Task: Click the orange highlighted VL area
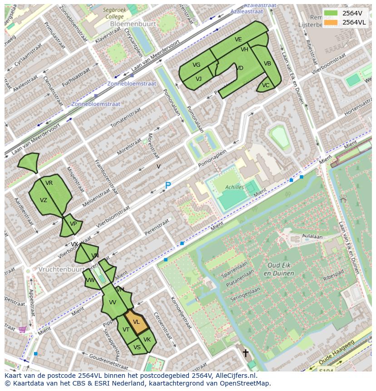[x=137, y=322]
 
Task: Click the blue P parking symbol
[x=168, y=186]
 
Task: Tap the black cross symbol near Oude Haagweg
[x=246, y=353]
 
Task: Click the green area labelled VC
[x=266, y=85]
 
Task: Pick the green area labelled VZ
[x=44, y=200]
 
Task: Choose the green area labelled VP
[x=73, y=224]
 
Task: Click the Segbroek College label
[x=113, y=13]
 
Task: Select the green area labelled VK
[x=147, y=340]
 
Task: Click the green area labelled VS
[x=137, y=347]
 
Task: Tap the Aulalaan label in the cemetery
[x=312, y=237]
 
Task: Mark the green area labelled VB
[x=267, y=64]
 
